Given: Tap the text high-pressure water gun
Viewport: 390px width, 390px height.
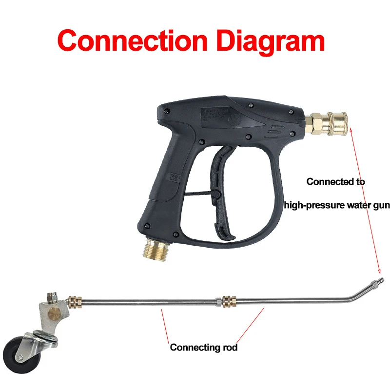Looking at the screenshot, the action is (337, 205).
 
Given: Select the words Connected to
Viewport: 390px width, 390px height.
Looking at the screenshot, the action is (336, 182).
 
